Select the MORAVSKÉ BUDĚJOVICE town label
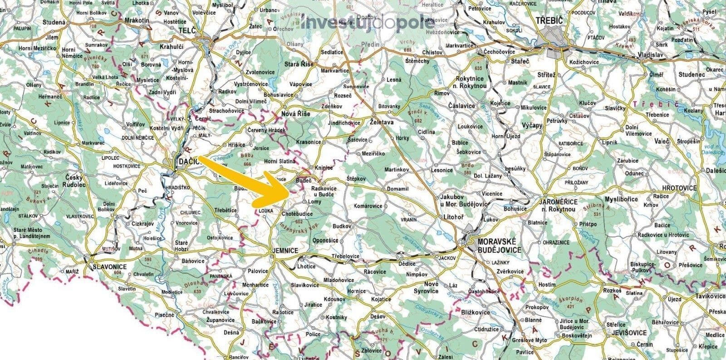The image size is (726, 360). pos(497,246)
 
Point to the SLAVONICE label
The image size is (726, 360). pos(109,266)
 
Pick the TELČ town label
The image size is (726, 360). pos(187,31)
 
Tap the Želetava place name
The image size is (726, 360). pos(382,123)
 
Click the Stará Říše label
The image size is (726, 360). pos(299,64)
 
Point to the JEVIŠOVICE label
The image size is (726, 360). pos(628,332)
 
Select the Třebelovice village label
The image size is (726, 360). pos(346,256)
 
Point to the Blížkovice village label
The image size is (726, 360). pos(475,312)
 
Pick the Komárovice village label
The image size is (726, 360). pos(368,206)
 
